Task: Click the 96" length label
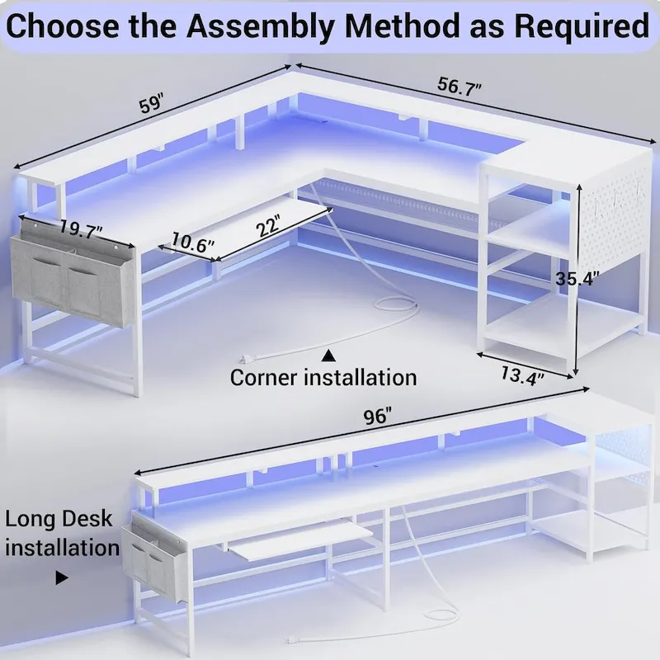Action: [376, 417]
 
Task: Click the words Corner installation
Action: [323, 378]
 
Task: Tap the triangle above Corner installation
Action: [328, 356]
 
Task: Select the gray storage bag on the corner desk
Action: [73, 276]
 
